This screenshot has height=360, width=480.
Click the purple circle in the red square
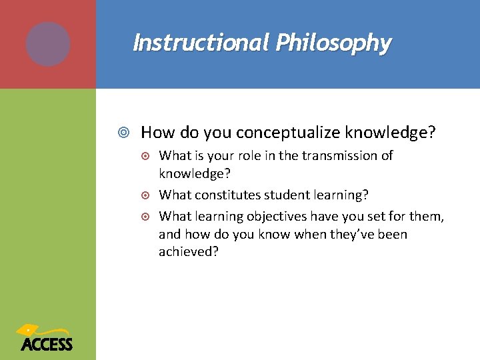[48, 44]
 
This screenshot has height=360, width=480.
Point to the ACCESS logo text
[47, 344]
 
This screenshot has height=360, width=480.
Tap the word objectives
[274, 215]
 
